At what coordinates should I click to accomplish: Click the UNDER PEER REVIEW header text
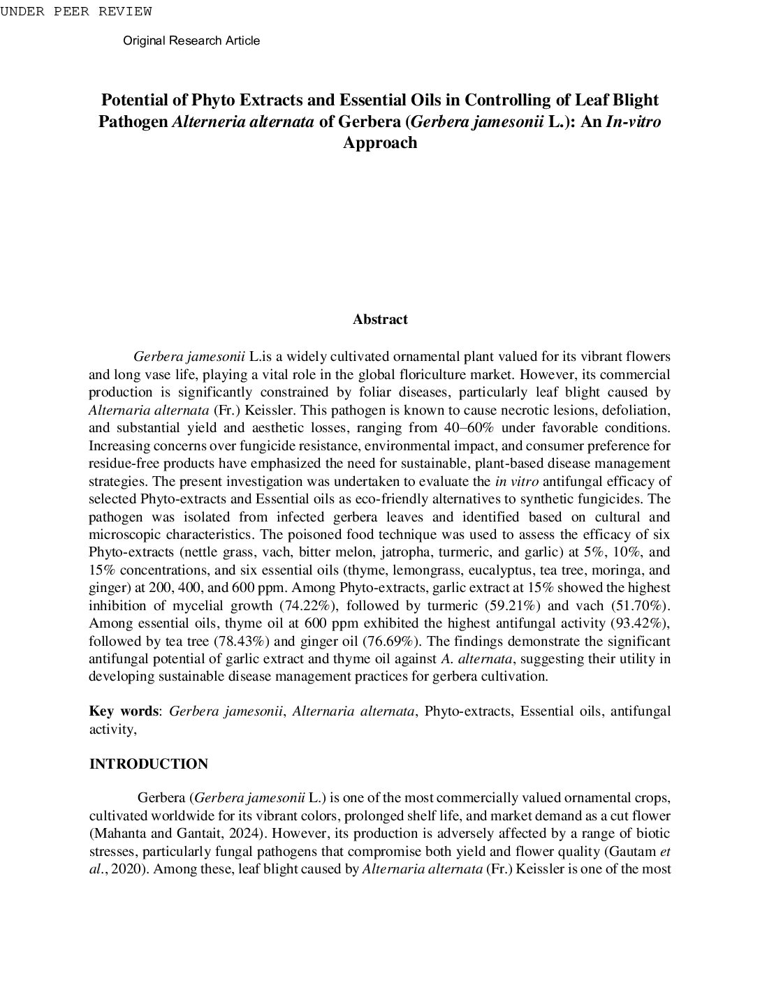[75, 11]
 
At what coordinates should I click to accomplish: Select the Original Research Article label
[191, 40]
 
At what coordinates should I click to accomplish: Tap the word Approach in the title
[380, 142]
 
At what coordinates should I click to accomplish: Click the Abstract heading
[380, 319]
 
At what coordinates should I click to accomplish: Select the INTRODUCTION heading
[148, 764]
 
